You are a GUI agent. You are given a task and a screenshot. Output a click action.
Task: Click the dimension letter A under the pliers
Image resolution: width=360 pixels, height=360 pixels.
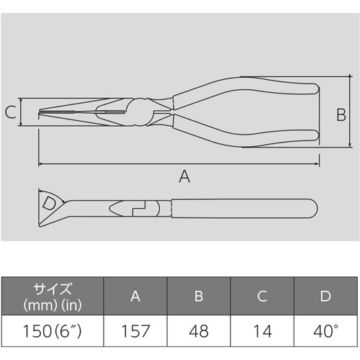tap(184, 176)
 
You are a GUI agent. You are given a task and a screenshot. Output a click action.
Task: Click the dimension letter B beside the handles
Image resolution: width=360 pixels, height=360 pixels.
tap(342, 114)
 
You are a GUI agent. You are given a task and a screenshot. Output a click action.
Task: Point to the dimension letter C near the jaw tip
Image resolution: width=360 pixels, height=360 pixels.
tap(10, 112)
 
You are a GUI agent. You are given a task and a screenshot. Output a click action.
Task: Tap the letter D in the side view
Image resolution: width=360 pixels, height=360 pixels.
tap(48, 202)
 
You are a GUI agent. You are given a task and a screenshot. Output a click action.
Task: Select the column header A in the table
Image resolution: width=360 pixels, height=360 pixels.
tap(135, 296)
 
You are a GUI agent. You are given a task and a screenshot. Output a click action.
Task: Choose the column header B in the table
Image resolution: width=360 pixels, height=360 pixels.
tap(199, 296)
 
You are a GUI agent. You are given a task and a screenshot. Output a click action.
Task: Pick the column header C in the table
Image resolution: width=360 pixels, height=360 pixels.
tap(264, 296)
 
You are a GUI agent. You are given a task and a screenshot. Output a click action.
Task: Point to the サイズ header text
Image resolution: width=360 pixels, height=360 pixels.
tap(52, 289)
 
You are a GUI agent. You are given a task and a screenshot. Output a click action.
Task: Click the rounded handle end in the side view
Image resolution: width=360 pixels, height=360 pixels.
tap(311, 210)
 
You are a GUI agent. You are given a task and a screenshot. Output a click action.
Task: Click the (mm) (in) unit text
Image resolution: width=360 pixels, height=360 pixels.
tap(52, 304)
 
